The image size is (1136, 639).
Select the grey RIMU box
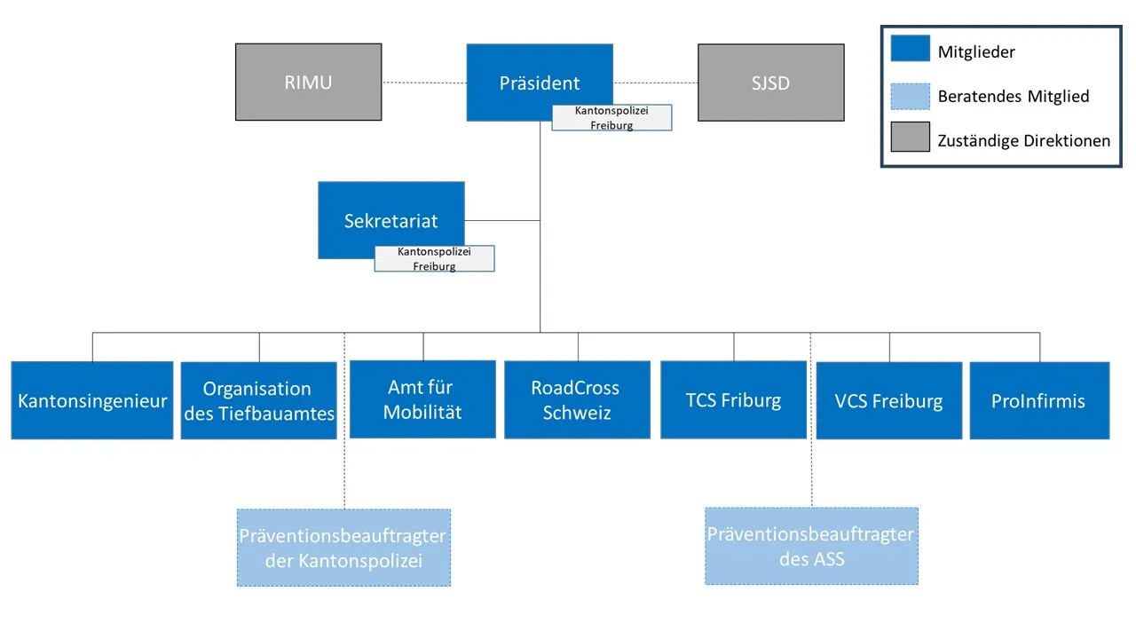[308, 82]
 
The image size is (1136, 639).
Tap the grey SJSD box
[770, 83]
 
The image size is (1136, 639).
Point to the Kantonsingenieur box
[92, 400]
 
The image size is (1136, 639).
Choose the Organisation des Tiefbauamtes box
[258, 400]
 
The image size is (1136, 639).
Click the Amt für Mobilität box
[422, 399]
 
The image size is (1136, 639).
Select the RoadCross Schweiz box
[577, 399]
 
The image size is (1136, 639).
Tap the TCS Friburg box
[733, 399]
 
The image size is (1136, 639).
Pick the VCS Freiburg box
[888, 400]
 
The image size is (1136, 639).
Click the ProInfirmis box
[1038, 400]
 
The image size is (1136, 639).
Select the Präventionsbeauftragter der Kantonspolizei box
[343, 548]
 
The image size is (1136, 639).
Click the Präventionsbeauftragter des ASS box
[811, 546]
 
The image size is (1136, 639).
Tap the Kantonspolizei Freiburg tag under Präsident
[611, 118]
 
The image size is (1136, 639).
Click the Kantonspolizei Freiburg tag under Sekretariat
[434, 259]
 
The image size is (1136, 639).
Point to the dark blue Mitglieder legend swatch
[911, 50]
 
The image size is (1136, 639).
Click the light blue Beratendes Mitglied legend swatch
[911, 94]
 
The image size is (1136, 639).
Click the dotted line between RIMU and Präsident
[424, 83]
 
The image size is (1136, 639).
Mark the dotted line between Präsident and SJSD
[655, 83]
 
